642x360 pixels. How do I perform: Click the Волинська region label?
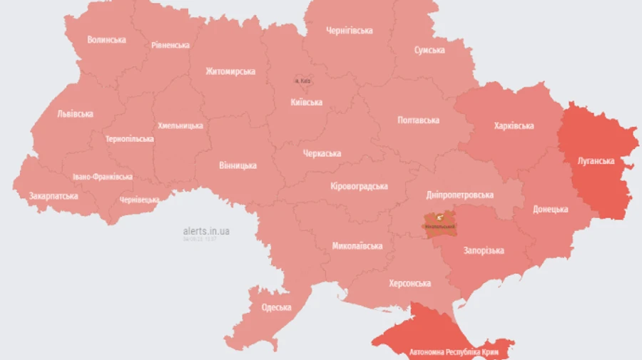(x=106, y=40)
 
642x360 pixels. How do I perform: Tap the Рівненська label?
(x=170, y=45)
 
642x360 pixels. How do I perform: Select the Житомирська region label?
(x=230, y=71)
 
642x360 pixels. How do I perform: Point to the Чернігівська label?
(x=349, y=31)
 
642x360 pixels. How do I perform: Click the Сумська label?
(x=429, y=50)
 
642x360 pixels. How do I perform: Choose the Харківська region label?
(x=514, y=125)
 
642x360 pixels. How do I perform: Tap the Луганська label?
(x=596, y=160)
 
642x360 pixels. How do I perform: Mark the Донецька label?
(x=550, y=210)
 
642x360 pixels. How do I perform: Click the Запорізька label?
(x=484, y=250)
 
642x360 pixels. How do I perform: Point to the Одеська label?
(x=276, y=307)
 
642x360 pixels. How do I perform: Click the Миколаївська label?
(x=357, y=246)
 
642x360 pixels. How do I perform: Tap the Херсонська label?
(x=409, y=283)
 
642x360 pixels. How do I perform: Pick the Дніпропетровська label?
(x=459, y=195)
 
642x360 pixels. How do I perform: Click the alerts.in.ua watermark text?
(x=206, y=231)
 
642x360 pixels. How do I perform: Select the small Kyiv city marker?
(x=302, y=81)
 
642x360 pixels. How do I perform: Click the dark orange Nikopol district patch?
(x=439, y=224)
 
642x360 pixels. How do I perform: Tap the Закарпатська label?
(x=53, y=195)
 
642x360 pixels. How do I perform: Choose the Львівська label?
(x=76, y=113)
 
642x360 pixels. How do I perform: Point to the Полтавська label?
(x=418, y=120)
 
